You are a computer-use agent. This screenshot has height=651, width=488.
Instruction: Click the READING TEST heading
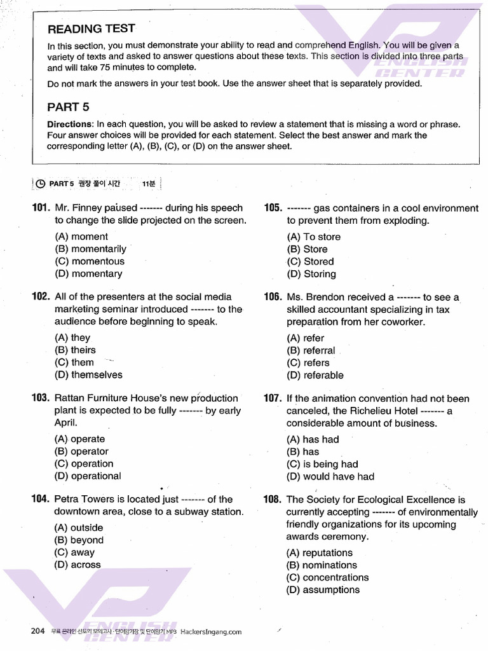(91, 29)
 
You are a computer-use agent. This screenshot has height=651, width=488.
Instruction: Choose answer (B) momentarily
(90, 249)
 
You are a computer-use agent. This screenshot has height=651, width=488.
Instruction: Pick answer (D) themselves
(88, 375)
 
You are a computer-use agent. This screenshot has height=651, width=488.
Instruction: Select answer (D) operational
(88, 476)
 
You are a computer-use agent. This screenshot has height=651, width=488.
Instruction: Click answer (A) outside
(79, 528)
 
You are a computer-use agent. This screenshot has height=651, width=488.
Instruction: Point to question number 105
(273, 208)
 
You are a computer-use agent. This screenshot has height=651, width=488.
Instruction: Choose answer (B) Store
(307, 249)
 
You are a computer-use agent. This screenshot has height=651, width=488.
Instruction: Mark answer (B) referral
(311, 350)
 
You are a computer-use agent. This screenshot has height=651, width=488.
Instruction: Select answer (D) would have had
(330, 477)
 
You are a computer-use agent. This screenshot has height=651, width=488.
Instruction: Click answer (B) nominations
(322, 565)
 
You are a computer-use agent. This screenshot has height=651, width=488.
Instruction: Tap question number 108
(273, 500)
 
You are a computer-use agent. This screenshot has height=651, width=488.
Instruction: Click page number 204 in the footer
(37, 631)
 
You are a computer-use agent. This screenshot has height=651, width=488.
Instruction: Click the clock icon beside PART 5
(40, 184)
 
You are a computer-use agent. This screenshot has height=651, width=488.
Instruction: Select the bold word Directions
(70, 125)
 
